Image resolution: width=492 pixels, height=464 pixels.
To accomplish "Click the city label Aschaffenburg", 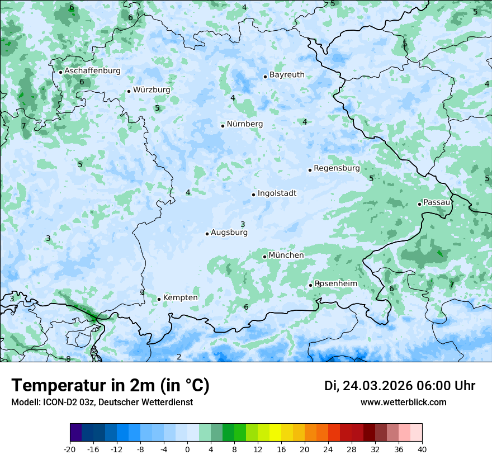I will (92, 71).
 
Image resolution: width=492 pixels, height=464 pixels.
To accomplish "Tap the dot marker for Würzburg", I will (129, 91).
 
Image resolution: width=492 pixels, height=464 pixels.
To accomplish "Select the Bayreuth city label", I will (287, 75).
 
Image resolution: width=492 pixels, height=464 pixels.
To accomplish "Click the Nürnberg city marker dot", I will (223, 126).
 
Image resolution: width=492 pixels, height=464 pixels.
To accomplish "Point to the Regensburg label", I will (337, 168).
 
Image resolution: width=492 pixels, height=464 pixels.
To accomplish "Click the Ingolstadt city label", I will (277, 193).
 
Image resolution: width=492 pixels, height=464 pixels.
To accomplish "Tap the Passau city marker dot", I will (419, 204).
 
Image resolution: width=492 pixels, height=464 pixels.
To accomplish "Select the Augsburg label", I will (229, 233).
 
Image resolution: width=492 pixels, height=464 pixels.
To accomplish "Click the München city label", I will (286, 255).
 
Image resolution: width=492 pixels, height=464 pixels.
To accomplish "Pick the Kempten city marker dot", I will (159, 299).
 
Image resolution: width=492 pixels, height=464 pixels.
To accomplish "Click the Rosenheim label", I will (335, 284).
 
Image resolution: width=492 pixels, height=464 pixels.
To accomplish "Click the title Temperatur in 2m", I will (110, 386).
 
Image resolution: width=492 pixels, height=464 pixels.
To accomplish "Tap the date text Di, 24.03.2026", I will (368, 386).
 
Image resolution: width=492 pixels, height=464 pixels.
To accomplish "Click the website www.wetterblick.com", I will (403, 403).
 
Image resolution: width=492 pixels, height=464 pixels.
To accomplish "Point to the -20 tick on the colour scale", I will (70, 449).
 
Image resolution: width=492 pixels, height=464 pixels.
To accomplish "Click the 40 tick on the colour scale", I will (422, 449).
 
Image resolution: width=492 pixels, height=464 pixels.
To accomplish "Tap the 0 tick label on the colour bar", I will (187, 449).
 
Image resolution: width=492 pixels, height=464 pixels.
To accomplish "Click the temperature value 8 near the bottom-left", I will (68, 359).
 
